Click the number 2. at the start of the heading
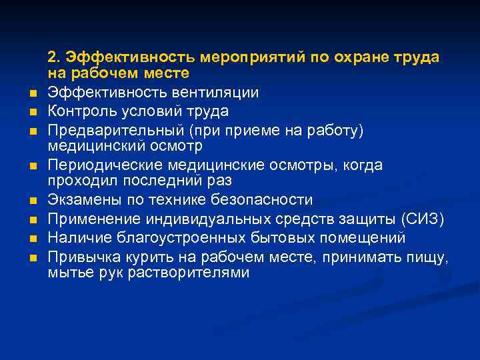pos(54,58)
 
